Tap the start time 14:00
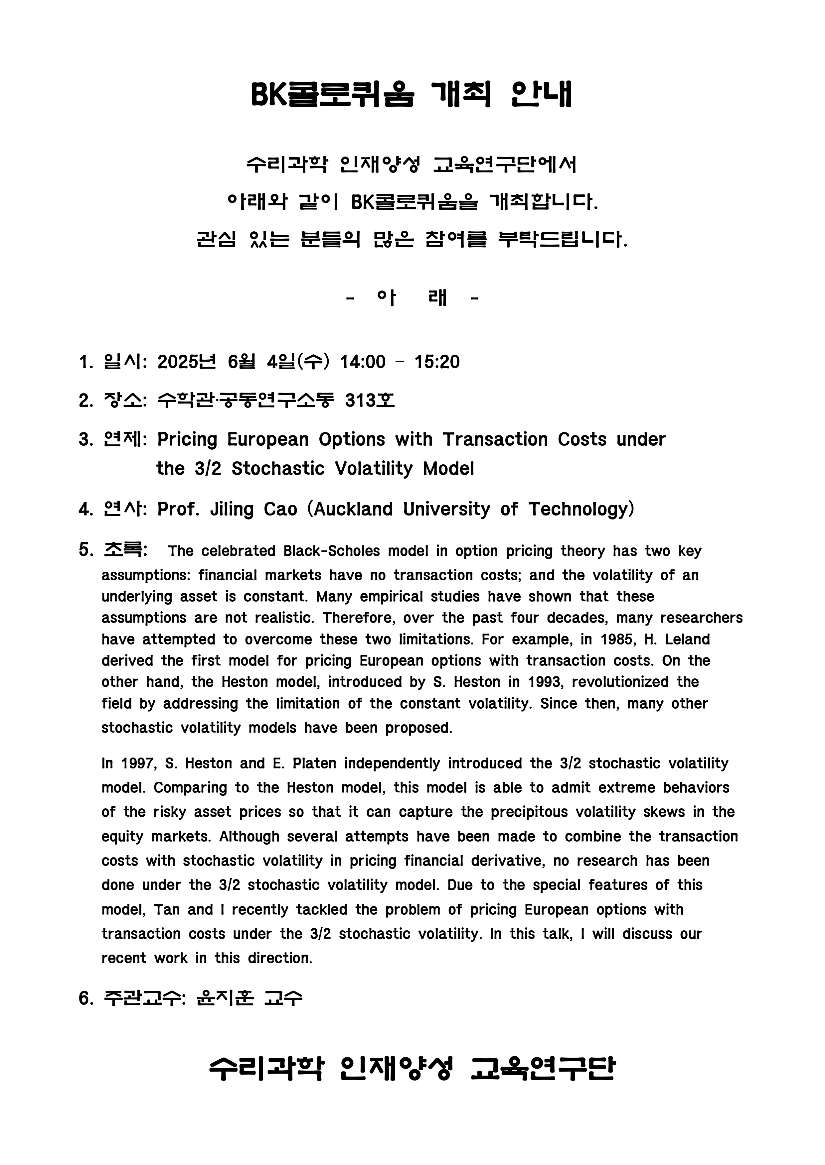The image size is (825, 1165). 363,362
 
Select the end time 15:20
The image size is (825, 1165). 437,362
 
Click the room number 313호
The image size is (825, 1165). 369,401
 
